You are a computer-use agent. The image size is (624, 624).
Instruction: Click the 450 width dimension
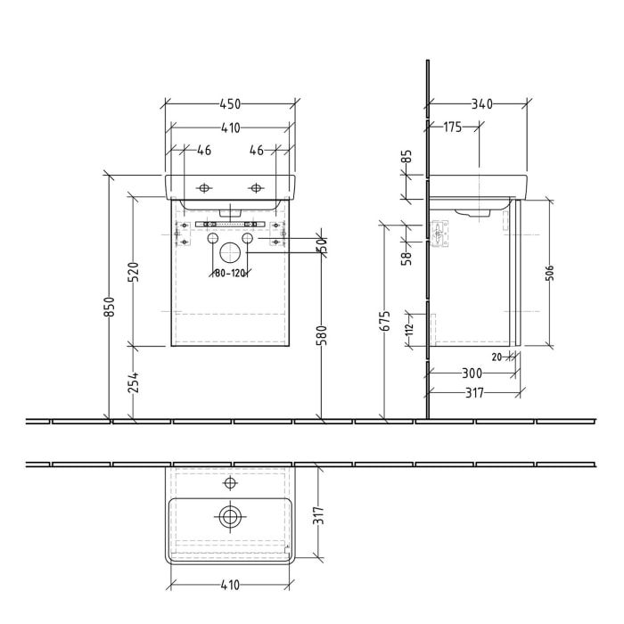[229, 104]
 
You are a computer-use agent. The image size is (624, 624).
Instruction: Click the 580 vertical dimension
[322, 334]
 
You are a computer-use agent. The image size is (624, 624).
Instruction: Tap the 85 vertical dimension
[407, 161]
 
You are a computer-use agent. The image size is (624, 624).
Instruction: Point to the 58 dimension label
[407, 257]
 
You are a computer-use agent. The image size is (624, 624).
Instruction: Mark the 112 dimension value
[410, 329]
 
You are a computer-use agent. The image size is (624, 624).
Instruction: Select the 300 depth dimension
[472, 374]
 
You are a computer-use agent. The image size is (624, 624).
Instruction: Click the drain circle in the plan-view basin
[230, 516]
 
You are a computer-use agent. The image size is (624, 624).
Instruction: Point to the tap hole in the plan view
[230, 483]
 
